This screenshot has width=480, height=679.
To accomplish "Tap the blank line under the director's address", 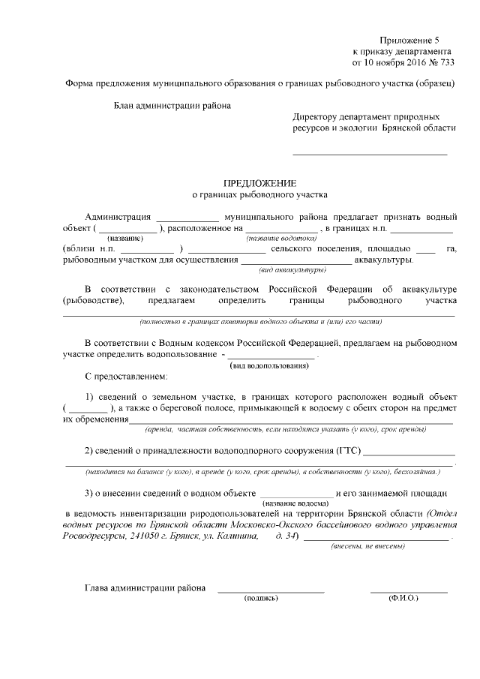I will (x=369, y=155).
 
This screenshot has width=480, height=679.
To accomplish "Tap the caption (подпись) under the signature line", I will (x=261, y=599).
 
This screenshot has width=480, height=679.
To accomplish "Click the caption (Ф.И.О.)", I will (x=403, y=599).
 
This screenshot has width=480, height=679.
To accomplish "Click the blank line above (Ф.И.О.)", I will (x=409, y=593).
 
